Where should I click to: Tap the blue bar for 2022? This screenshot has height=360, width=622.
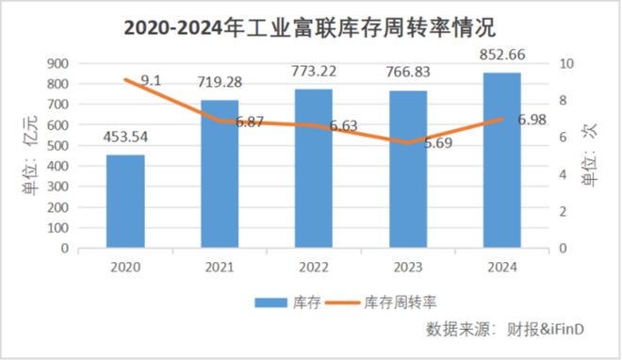click(x=313, y=169)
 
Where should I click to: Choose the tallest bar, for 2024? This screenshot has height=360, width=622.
click(x=500, y=160)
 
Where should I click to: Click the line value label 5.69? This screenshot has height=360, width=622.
click(x=434, y=144)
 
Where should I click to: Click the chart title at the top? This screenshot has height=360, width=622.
click(x=311, y=25)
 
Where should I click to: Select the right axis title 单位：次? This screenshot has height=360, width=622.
click(x=590, y=155)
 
